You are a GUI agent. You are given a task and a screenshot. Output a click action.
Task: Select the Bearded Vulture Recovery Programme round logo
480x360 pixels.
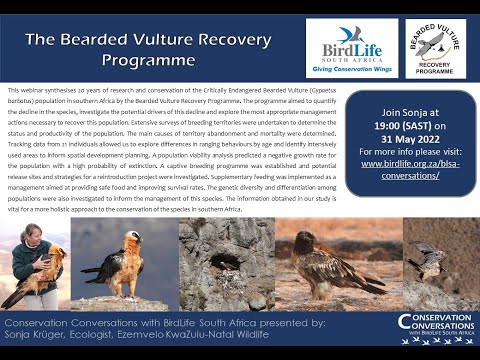435,47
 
